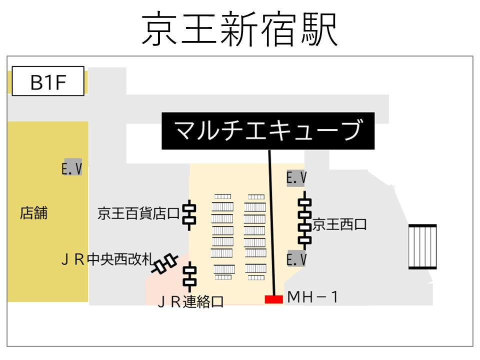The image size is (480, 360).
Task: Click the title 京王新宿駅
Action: pos(240,29)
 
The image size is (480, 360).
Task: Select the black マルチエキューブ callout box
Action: pos(268,130)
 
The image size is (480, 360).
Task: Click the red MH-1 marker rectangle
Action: pos(273,299)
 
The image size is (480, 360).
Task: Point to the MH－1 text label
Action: pos(313,298)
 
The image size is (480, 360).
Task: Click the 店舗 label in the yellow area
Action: pos(34,213)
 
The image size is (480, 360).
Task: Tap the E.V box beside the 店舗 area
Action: pos(72,167)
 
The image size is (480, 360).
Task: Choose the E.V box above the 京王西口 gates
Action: pos(296,177)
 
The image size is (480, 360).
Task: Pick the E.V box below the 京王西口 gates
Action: pos(296,258)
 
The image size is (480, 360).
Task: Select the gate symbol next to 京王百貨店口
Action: pos(189,214)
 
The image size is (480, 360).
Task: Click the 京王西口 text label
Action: pos(339,225)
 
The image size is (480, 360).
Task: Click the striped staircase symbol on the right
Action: pos(422,246)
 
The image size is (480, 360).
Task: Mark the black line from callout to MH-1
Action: pos(271,220)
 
